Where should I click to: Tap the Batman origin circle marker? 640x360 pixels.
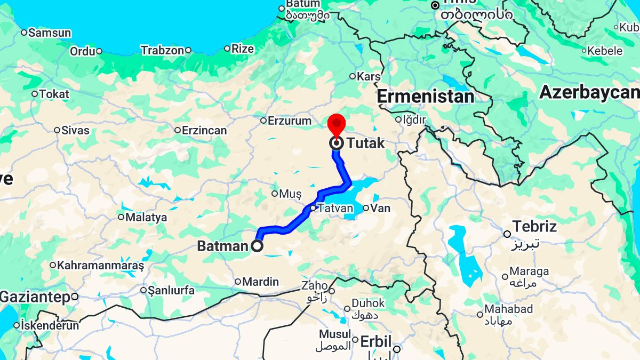(x=257, y=246)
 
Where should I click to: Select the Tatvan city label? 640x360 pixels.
(x=335, y=208)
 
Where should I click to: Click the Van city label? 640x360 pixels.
(x=380, y=208)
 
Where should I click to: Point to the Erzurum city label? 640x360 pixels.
(x=289, y=121)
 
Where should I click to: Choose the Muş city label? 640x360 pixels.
(x=291, y=194)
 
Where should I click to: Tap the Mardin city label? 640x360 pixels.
(x=260, y=282)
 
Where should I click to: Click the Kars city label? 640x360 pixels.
(x=369, y=77)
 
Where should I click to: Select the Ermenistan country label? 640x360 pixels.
(x=425, y=97)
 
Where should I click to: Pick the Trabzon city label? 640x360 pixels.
(x=162, y=50)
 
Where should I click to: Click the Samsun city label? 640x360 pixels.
(x=50, y=33)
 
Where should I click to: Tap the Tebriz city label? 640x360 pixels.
(x=534, y=226)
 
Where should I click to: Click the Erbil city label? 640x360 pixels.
(x=376, y=341)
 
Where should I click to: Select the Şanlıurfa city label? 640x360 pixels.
(x=171, y=291)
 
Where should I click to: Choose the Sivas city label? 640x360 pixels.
(x=76, y=130)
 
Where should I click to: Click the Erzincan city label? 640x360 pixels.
(x=204, y=130)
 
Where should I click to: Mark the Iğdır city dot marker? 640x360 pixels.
(x=398, y=120)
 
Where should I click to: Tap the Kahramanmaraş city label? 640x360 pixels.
(x=101, y=265)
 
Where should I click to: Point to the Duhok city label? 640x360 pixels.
(x=368, y=303)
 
